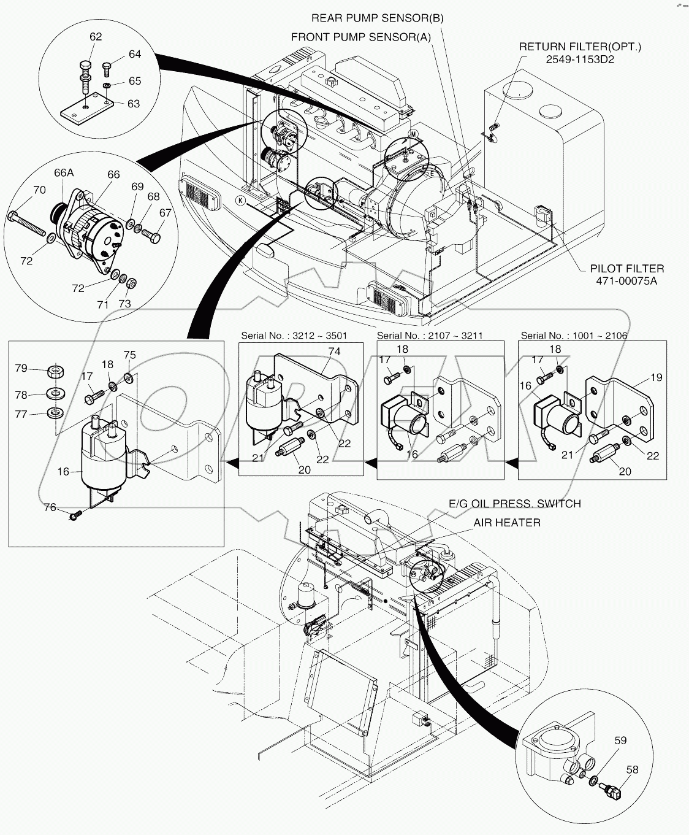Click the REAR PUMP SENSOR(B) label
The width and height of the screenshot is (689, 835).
click(377, 18)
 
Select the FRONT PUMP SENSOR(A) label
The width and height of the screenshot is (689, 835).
click(360, 37)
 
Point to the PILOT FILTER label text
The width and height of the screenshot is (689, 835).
click(626, 269)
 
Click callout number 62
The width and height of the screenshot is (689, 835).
click(96, 37)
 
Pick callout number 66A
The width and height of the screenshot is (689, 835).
click(63, 173)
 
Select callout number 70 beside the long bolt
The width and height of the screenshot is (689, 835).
click(39, 190)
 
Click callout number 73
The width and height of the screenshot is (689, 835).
click(124, 304)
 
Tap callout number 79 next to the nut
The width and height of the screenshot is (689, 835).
click(21, 368)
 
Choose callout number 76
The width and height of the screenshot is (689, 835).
click(50, 507)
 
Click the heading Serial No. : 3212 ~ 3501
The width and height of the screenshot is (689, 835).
click(294, 336)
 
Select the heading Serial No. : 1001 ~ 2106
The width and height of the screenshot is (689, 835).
click(574, 336)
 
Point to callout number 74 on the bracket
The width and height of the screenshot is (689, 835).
click(334, 352)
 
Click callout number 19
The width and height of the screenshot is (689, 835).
click(656, 377)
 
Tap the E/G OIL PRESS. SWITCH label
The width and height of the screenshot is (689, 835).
click(515, 504)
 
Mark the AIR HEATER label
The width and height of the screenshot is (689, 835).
click(506, 523)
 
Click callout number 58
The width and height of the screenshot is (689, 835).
click(632, 769)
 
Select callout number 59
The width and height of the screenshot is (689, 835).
click(620, 741)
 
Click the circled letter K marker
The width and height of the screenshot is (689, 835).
click(241, 201)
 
